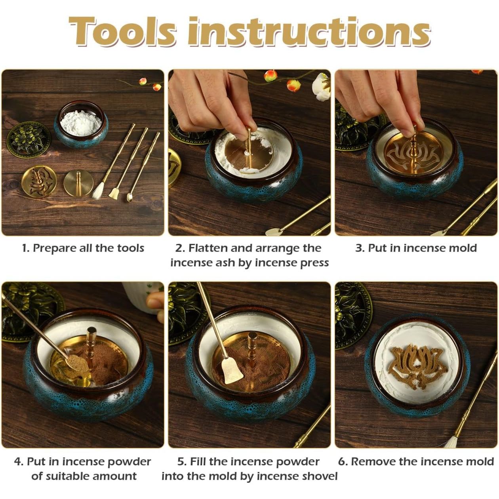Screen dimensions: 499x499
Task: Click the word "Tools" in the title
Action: click(x=122, y=31)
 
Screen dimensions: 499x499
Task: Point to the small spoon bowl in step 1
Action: click(x=129, y=198)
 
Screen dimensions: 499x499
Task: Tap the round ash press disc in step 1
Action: click(x=78, y=183)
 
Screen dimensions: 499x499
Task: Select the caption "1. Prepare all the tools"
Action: click(x=83, y=248)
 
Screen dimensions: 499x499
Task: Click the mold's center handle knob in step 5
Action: click(x=252, y=337)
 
